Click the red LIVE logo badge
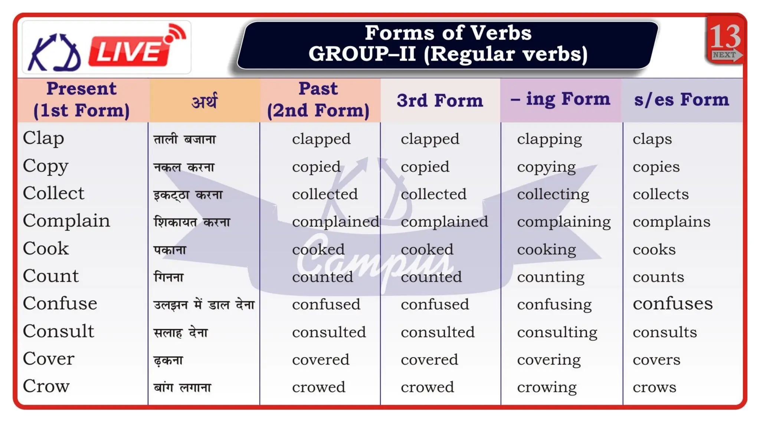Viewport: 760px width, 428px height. tap(130, 50)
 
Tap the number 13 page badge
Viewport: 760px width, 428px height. tap(725, 37)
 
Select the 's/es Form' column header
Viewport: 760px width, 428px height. tap(681, 100)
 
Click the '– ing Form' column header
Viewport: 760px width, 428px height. tap(560, 99)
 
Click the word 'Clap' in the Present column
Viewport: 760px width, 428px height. tap(43, 138)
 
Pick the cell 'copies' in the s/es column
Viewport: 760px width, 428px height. tap(656, 167)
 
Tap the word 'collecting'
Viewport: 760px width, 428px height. tap(553, 194)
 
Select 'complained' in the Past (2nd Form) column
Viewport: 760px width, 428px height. tap(335, 222)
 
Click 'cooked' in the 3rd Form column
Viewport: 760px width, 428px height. tap(427, 249)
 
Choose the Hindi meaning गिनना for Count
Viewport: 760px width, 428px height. tap(169, 277)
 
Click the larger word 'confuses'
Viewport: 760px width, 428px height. tap(672, 304)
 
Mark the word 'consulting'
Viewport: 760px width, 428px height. tap(557, 332)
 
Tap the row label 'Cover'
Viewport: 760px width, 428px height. tap(49, 359)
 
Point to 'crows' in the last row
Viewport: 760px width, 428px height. tap(654, 387)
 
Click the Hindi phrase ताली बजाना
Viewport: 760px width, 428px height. tap(184, 140)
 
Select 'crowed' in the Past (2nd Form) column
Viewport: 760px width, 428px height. tap(318, 387)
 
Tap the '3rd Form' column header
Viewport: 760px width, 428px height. tap(440, 100)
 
